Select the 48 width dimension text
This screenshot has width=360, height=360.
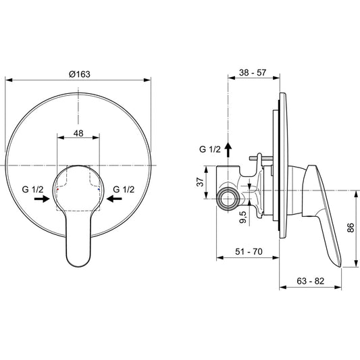pyautogui.click(x=78, y=134)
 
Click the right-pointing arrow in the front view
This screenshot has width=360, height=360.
pyautogui.click(x=42, y=200)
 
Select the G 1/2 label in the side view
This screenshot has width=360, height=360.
pyautogui.click(x=210, y=149)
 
